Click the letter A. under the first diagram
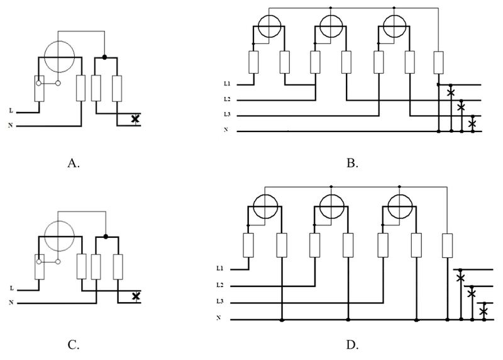(x=74, y=164)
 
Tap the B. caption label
(x=352, y=164)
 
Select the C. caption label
(x=74, y=345)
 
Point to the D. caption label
(x=352, y=345)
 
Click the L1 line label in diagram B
(x=227, y=84)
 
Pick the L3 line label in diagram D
(x=219, y=301)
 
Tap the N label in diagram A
(x=11, y=125)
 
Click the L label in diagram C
(x=11, y=288)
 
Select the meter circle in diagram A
(x=59, y=57)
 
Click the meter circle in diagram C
(x=59, y=236)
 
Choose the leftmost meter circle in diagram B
(x=270, y=26)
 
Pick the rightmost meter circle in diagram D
(x=400, y=206)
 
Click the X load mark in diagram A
(x=135, y=119)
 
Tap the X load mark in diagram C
(x=136, y=296)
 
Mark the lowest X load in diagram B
(x=472, y=123)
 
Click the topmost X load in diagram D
(x=460, y=278)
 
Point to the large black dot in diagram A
(x=104, y=57)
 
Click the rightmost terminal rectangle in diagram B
(x=438, y=62)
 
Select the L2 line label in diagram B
(x=227, y=99)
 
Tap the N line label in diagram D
(x=219, y=318)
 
